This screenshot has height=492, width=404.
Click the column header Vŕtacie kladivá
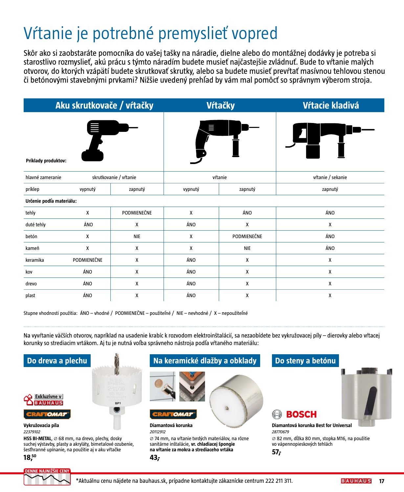coord(330,105)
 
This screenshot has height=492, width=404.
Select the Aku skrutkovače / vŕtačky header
coord(104,105)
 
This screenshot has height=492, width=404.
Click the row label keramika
coord(34,260)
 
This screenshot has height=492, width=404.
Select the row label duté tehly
coord(35,225)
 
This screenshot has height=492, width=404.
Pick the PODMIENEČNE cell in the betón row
coord(247,236)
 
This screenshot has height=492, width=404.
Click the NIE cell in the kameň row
coord(247,248)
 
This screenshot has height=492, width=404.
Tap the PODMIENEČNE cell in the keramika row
coord(87,260)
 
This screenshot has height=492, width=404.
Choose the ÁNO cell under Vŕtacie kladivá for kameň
coord(330,248)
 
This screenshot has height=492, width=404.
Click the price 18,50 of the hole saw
coord(30,457)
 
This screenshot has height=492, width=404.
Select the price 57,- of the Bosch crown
coord(277,452)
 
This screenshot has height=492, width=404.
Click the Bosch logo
coord(294,414)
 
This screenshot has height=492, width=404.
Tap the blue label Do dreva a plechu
coord(57,361)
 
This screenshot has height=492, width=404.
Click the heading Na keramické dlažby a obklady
coord(205,361)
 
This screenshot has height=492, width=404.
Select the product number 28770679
coord(280,432)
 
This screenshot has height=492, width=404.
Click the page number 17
coord(381,481)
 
